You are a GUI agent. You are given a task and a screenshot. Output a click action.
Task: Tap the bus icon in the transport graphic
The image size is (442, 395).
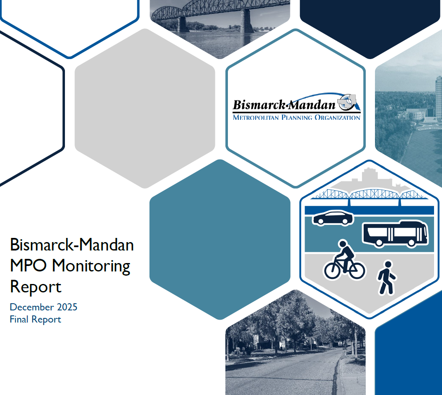(395, 234)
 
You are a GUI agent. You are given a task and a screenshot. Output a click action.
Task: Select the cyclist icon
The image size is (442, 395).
(345, 260)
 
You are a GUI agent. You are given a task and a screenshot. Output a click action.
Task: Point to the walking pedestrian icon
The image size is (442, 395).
(387, 278)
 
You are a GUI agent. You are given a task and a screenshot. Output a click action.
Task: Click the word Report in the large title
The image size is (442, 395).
(36, 287)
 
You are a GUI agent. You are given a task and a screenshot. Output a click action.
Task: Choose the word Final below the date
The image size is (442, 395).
(19, 320)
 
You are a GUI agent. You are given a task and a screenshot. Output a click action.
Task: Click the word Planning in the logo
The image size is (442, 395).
(298, 118)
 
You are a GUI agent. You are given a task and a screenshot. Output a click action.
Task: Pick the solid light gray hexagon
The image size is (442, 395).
(145, 108)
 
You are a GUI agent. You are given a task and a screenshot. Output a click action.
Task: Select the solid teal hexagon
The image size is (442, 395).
(220, 239)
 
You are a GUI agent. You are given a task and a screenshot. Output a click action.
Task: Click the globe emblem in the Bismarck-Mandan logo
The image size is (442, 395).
(347, 102)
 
